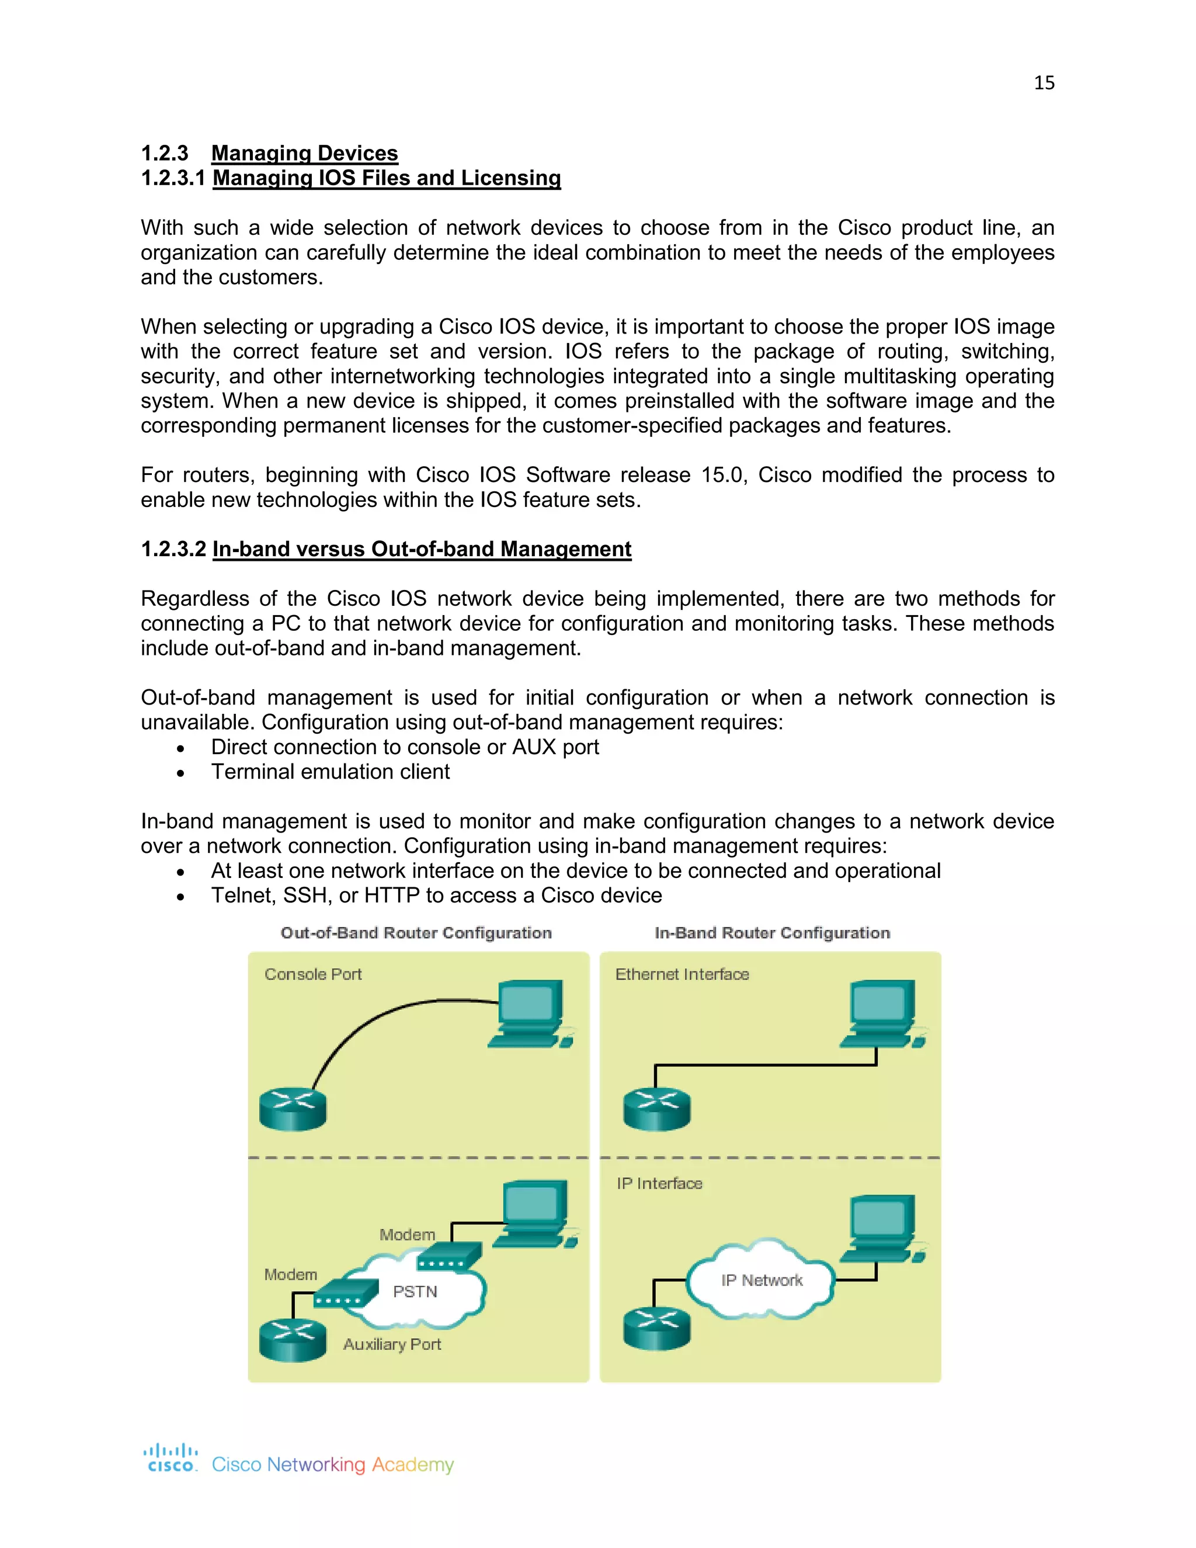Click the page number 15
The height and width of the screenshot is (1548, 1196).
[1044, 83]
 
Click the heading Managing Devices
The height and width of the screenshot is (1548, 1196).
[305, 153]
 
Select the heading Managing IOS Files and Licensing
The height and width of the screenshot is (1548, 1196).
[386, 178]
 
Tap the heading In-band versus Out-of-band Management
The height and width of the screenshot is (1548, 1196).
[422, 549]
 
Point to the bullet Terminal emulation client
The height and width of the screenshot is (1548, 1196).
[330, 772]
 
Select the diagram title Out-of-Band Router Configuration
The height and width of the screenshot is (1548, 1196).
[416, 933]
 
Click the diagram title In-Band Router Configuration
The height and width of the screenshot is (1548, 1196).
[771, 933]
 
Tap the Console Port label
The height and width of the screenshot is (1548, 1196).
[312, 974]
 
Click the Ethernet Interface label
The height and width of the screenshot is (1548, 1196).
[682, 974]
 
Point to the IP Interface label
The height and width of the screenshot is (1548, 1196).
[659, 1183]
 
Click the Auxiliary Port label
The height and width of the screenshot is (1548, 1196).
[392, 1345]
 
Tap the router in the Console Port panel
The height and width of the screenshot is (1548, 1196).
[293, 1109]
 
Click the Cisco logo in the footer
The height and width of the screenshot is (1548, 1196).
[171, 1458]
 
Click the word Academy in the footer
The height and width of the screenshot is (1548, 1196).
[412, 1464]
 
